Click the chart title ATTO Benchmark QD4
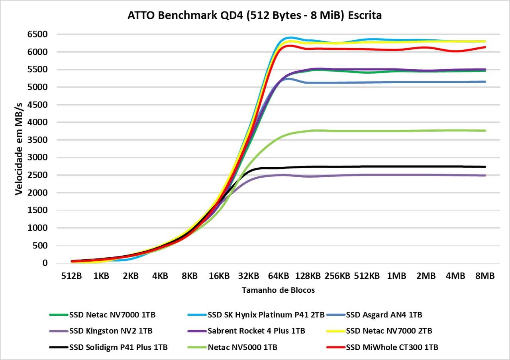(255, 16)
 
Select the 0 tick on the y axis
(45, 263)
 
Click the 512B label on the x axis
(71, 276)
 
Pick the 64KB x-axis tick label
(279, 276)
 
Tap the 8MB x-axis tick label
(485, 276)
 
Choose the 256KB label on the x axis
(337, 276)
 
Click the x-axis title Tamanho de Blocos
(278, 290)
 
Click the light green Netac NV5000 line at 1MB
(396, 131)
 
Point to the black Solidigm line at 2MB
(426, 166)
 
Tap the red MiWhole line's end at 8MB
(485, 47)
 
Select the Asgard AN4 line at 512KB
(367, 82)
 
